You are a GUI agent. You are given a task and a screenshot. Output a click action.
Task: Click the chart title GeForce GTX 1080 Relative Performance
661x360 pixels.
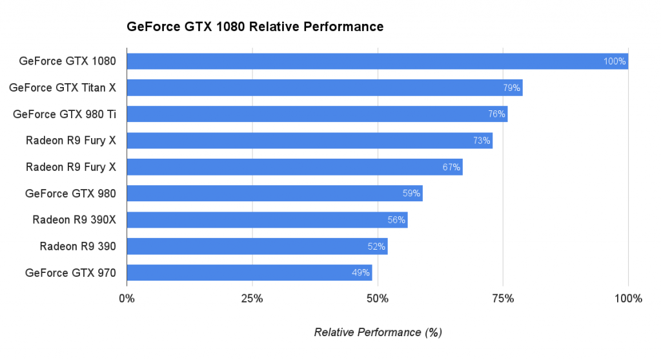255,26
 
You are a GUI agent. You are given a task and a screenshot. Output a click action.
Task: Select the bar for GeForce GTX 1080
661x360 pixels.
377,61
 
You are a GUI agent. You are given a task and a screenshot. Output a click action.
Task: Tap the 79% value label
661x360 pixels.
511,88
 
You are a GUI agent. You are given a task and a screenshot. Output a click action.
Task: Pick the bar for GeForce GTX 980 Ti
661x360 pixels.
317,114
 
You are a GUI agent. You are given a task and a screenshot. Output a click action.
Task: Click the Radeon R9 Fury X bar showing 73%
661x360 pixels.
309,141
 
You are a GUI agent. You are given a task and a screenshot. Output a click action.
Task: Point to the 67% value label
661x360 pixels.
451,167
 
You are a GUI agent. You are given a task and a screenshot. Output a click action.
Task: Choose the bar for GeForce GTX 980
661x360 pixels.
274,193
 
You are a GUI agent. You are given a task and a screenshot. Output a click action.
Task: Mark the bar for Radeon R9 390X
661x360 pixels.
267,219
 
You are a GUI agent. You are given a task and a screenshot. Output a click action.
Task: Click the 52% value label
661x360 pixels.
376,246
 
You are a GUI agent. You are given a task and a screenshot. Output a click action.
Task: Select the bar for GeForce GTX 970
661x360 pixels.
249,272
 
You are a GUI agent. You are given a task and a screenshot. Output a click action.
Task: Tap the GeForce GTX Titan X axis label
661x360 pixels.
63,88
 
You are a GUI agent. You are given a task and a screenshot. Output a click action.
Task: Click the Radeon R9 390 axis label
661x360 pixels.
77,246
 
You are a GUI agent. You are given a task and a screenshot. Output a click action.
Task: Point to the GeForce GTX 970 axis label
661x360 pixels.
70,272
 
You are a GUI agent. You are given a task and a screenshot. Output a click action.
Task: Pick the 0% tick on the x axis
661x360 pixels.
127,299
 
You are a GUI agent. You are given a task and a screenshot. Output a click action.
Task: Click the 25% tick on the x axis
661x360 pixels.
252,299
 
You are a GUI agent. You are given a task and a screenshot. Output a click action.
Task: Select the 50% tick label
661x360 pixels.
377,299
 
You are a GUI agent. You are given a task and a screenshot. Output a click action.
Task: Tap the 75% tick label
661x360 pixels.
503,299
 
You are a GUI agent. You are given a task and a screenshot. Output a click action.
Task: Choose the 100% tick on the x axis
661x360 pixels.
628,299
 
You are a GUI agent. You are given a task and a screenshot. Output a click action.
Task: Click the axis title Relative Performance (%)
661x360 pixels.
378,332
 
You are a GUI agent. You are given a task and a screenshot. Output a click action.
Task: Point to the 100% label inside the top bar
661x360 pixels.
615,61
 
